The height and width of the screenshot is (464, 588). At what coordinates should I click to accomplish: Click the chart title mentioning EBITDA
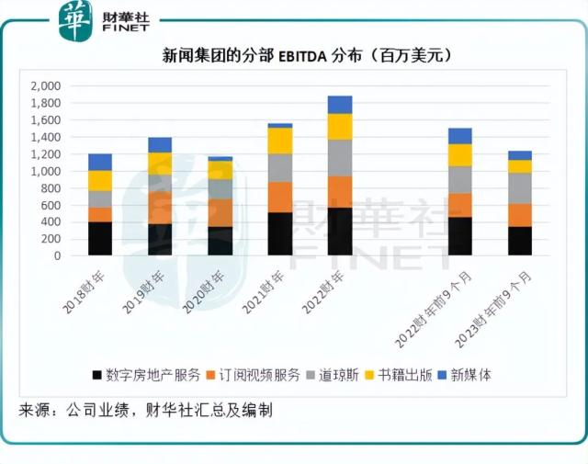(x=294, y=56)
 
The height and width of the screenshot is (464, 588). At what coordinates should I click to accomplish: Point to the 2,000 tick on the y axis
(x=45, y=85)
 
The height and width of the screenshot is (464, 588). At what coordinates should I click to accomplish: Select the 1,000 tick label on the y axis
(x=45, y=171)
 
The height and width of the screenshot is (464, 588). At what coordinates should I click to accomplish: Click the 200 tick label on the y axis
(x=51, y=239)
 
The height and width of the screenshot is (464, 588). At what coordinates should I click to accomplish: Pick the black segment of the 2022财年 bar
(x=340, y=232)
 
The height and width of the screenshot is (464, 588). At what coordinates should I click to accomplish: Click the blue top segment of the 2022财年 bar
(x=340, y=104)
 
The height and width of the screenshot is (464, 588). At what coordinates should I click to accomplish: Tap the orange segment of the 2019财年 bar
(x=160, y=208)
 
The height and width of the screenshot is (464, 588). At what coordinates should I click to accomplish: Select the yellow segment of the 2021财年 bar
(x=279, y=141)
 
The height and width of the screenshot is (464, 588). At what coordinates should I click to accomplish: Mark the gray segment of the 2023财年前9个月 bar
(x=519, y=188)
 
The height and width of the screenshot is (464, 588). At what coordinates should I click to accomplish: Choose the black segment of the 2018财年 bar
(x=100, y=239)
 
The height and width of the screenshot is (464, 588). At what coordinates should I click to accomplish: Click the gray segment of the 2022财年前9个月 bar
(x=459, y=180)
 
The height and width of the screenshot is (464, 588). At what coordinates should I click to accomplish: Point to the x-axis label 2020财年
(x=203, y=286)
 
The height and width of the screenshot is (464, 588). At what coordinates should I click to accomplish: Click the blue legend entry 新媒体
(x=476, y=375)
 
